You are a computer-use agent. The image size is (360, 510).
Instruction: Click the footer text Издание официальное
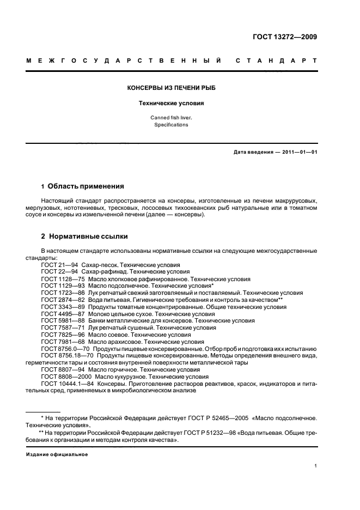click(x=57, y=454)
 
